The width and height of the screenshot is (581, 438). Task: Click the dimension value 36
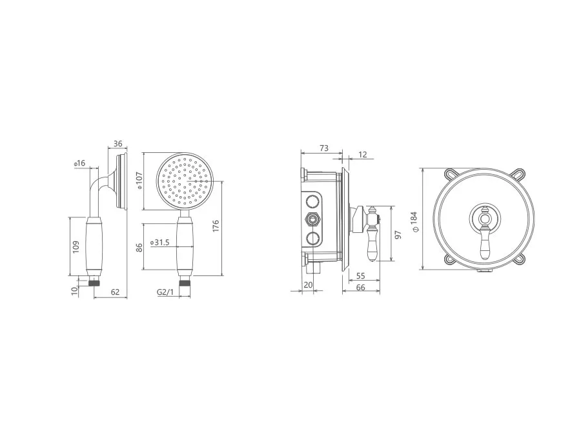tap(117, 144)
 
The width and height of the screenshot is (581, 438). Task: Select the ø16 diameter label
tap(79, 163)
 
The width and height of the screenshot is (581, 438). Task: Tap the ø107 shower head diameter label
tap(139, 181)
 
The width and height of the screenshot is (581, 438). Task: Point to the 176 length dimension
tap(216, 226)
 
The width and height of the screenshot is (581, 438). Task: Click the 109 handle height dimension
tap(76, 247)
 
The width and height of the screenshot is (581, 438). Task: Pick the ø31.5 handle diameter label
tap(159, 243)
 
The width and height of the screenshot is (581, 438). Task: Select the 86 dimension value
tap(139, 247)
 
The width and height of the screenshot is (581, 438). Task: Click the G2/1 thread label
tap(165, 292)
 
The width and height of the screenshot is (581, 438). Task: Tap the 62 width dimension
tap(116, 292)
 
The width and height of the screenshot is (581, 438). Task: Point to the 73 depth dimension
tap(324, 148)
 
